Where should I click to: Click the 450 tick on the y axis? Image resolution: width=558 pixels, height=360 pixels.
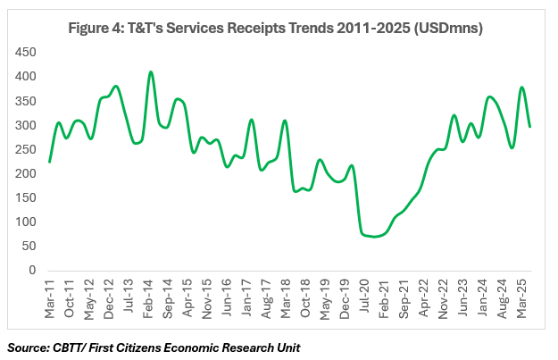pos(25,52)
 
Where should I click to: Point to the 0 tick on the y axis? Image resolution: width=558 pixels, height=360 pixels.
pos(30,270)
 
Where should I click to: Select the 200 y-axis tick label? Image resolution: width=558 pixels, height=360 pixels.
pos(25,173)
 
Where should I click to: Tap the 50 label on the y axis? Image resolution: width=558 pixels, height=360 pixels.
pos(28,246)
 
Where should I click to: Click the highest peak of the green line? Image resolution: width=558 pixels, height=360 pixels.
pos(151,72)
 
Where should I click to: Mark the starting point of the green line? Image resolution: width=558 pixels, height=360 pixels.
pos(49,162)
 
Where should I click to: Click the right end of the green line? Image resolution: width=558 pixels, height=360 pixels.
pos(530,126)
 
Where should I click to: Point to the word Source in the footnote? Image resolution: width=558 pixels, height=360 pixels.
pos(30,345)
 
